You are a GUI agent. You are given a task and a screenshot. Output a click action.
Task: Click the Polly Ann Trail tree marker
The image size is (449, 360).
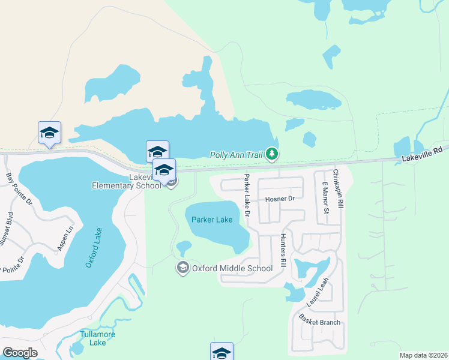[x=273, y=154]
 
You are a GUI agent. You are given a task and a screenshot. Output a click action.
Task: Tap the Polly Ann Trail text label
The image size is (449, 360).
[x=237, y=155]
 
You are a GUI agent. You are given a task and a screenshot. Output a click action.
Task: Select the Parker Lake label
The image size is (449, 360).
[x=212, y=220]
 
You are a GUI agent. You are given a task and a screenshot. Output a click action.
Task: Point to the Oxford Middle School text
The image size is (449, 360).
[x=232, y=268]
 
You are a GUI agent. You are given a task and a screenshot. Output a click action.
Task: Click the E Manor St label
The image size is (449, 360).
[x=326, y=199]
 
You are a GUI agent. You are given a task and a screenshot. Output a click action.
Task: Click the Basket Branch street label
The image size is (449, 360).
[x=320, y=322]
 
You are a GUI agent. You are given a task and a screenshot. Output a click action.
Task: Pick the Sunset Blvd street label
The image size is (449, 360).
[x=5, y=228]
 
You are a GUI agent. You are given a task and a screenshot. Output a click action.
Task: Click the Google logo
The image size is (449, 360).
[x=20, y=352]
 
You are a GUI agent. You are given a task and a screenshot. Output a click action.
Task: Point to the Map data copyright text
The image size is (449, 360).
[x=424, y=355]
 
